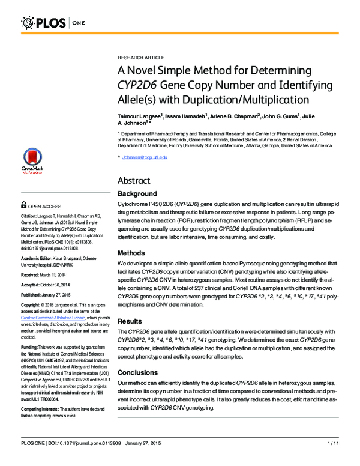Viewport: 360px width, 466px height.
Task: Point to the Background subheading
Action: (137, 194)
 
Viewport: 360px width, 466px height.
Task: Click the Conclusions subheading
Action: (137, 372)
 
